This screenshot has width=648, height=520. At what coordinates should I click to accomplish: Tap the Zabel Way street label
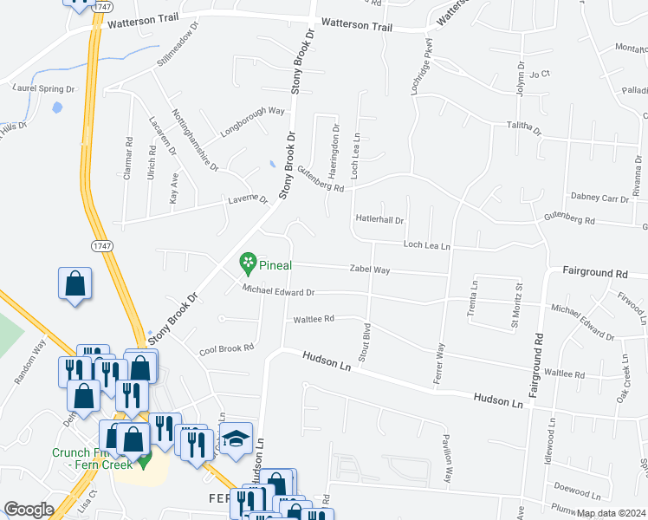(x=369, y=270)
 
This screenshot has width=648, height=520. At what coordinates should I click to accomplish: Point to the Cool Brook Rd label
(x=226, y=348)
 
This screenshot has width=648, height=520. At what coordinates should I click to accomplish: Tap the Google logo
(x=29, y=510)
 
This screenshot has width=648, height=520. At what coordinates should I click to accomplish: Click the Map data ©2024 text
(x=611, y=513)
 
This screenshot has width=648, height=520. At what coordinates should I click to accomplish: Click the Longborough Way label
(x=253, y=111)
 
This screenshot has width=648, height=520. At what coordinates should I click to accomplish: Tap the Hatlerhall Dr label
(x=379, y=220)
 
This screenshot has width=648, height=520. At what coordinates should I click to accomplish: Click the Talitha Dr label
(x=523, y=129)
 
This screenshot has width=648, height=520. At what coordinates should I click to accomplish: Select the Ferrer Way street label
(x=440, y=363)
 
